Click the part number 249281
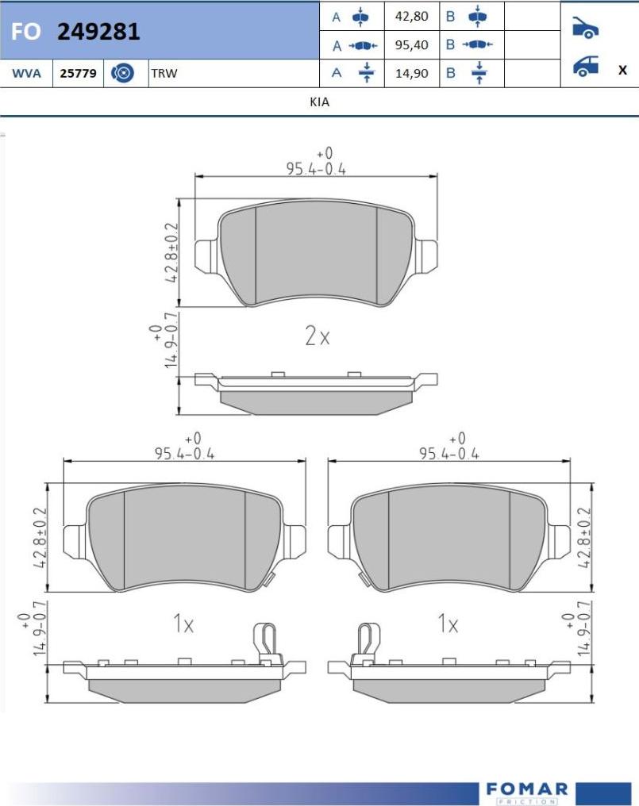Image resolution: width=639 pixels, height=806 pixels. pos(98,32)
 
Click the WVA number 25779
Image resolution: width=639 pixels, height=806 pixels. pos(79,74)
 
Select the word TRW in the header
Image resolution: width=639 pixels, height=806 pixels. pos(164,74)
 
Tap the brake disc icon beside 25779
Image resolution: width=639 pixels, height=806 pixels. pos(122,74)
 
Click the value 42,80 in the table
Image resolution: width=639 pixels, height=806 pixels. pos(412,17)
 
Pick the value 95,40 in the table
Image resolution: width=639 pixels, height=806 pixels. pos(412,45)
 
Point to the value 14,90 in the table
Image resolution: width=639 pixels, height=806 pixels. pos(412,74)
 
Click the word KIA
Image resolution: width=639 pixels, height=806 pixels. pos(319,102)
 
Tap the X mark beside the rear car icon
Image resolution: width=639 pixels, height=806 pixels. pos(622,70)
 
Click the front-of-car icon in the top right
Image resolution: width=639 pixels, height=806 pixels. pos(586,28)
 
